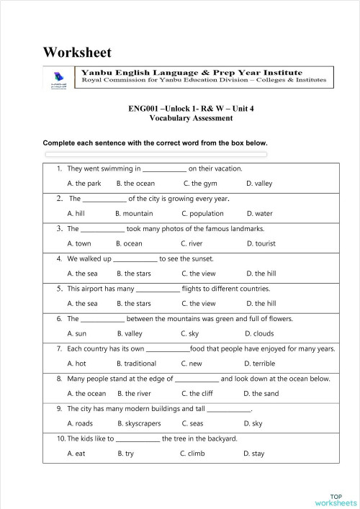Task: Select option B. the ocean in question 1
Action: tap(135, 184)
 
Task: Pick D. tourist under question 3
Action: tap(261, 244)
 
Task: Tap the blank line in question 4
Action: tap(135, 258)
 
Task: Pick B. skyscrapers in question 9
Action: tap(138, 424)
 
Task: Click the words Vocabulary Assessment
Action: tap(191, 118)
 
